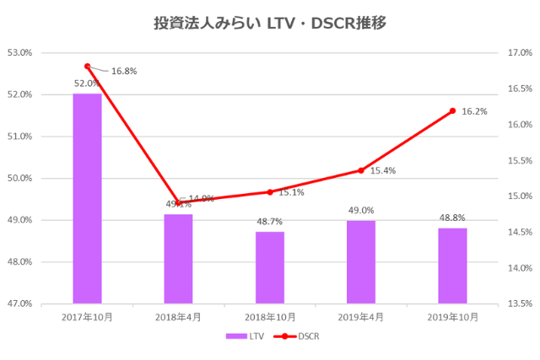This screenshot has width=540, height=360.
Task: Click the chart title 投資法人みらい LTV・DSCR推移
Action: [x=270, y=23]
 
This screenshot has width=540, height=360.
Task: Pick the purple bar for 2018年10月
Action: [x=270, y=267]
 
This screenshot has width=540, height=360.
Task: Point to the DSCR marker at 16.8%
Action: [x=87, y=66]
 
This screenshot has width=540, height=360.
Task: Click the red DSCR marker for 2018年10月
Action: [x=270, y=192]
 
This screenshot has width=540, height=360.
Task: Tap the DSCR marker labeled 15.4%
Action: [x=361, y=170]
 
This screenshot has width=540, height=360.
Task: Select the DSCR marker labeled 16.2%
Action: [x=452, y=110]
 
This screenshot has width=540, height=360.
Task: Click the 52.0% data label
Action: [x=87, y=83]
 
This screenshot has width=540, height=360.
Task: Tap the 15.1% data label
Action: [x=291, y=192]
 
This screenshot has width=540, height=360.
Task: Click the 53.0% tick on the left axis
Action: [x=19, y=52]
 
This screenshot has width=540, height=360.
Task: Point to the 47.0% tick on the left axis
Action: [x=19, y=303]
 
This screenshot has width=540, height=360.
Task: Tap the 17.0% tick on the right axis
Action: [x=521, y=52]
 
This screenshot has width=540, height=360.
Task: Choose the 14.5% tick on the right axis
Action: [x=521, y=232]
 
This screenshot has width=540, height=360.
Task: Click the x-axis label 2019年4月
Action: [x=361, y=317]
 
